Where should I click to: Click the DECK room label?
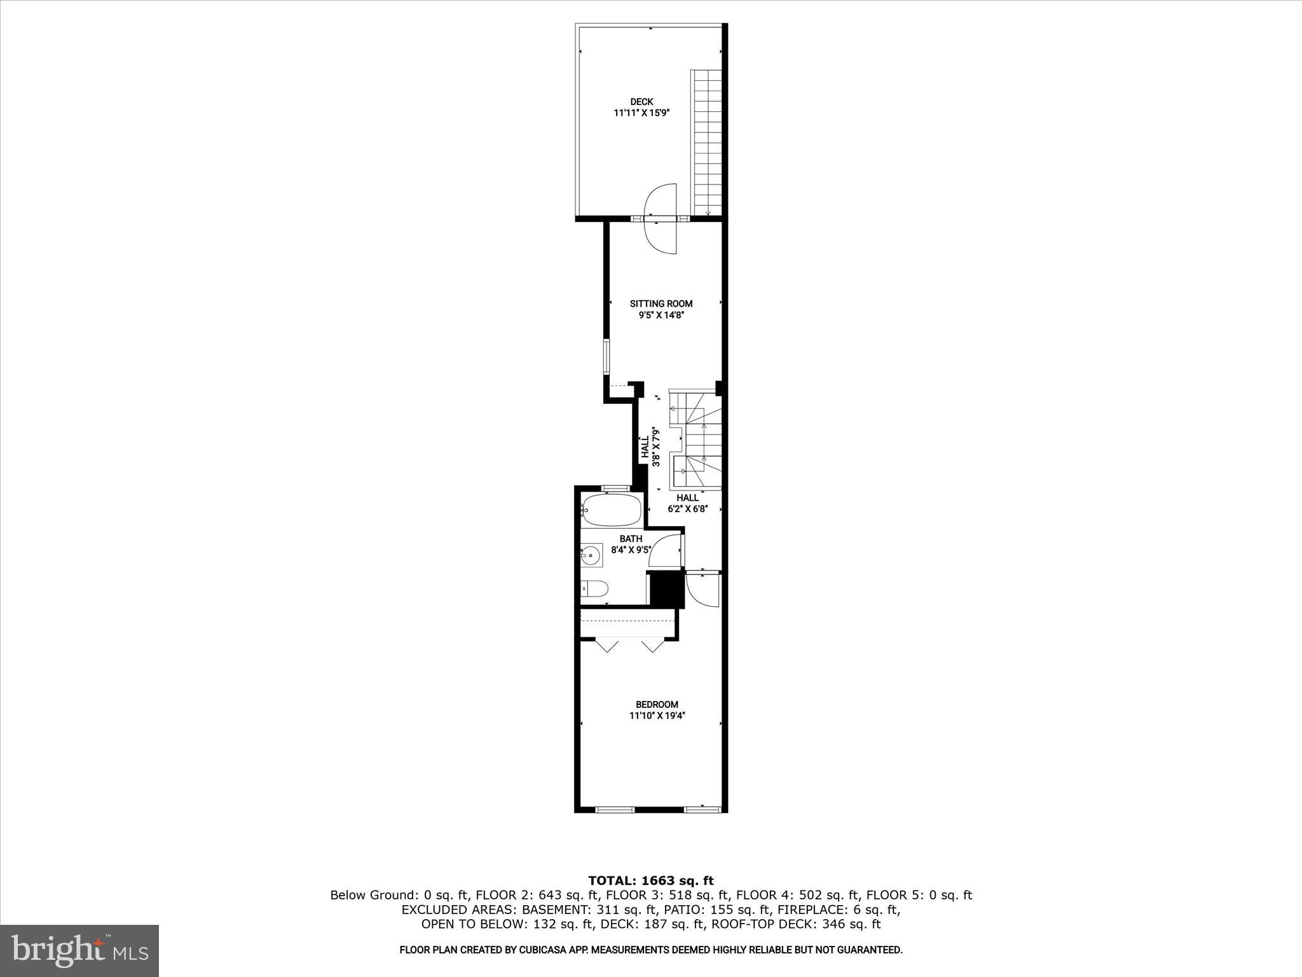(641, 102)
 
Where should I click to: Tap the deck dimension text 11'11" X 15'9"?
(641, 113)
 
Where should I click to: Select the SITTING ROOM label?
(661, 303)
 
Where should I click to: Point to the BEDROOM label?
(657, 704)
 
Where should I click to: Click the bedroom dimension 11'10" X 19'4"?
(657, 716)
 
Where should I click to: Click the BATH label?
(631, 539)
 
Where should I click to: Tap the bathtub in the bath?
(611, 510)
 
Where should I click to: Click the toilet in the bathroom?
(594, 589)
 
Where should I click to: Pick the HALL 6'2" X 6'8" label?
(687, 503)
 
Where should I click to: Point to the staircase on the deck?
(707, 143)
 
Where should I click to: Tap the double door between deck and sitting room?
(661, 219)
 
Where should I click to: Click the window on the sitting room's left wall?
(606, 357)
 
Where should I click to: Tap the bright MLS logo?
(79, 951)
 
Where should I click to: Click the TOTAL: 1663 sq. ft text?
(650, 881)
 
